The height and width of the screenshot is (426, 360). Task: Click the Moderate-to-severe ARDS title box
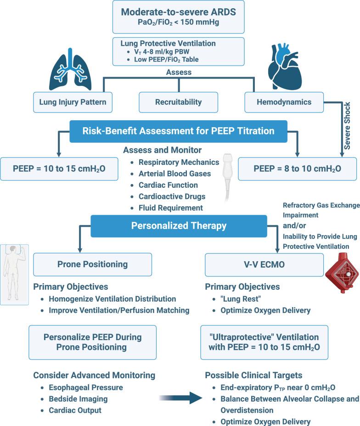(x=180, y=17)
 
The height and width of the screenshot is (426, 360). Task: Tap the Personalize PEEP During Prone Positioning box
(x=92, y=342)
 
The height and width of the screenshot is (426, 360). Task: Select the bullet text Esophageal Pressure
(x=85, y=387)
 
